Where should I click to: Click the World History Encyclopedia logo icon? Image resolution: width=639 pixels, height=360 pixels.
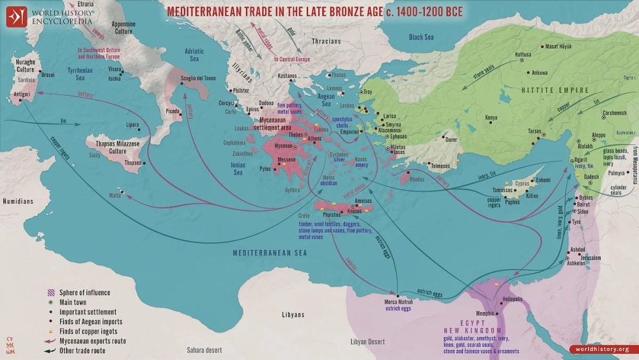coord(17,16)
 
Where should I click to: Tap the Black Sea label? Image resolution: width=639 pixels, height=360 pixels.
coord(421,37)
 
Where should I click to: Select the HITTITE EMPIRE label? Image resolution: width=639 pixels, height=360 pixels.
coord(555,90)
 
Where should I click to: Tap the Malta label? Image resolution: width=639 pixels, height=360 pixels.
coord(115,194)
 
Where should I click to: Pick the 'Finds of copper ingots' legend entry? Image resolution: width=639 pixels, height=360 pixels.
coord(89,331)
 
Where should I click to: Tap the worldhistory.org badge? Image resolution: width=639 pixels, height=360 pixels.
coord(601,349)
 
